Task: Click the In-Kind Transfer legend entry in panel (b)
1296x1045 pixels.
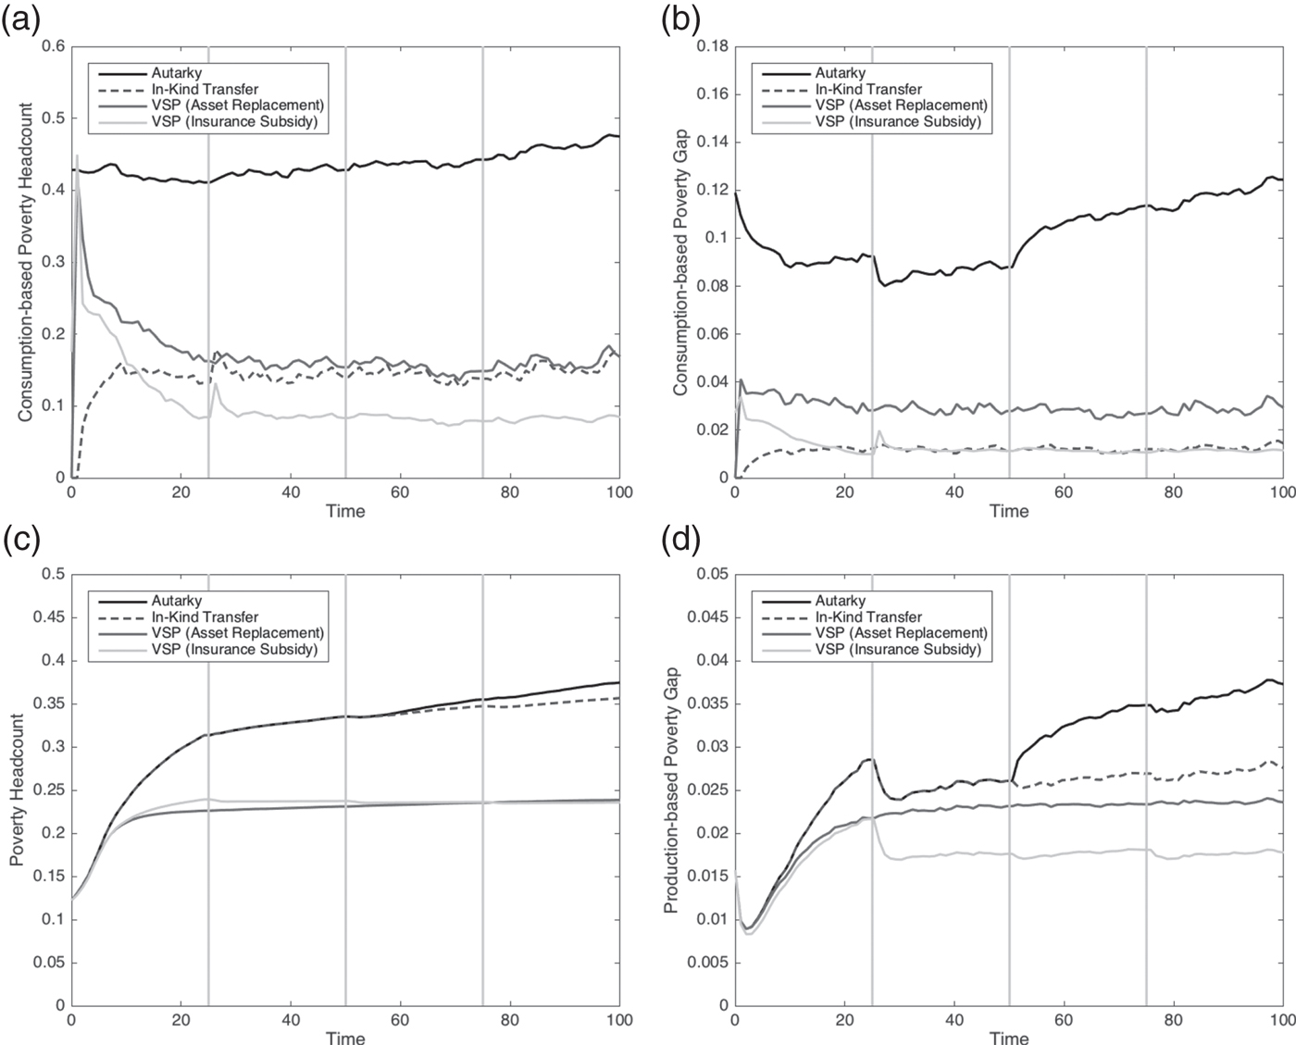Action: coord(868,89)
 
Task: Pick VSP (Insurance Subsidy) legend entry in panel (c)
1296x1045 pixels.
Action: coord(234,650)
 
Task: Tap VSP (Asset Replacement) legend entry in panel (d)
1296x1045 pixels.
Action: coord(901,633)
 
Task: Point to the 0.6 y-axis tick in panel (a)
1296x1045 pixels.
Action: coord(53,46)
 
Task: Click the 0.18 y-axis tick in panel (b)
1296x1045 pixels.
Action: coord(710,46)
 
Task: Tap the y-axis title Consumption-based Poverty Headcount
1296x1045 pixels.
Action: coord(25,262)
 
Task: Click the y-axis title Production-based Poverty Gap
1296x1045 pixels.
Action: coord(672,790)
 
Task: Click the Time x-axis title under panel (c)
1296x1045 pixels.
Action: coord(345,1038)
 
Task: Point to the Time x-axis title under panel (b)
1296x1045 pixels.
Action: coord(1008,511)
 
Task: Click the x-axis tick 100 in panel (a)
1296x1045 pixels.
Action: coord(618,492)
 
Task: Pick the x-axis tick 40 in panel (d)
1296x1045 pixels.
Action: coord(953,1020)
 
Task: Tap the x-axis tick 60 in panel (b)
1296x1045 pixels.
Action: coord(1063,492)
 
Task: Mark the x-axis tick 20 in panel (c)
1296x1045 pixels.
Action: coord(181,1020)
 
